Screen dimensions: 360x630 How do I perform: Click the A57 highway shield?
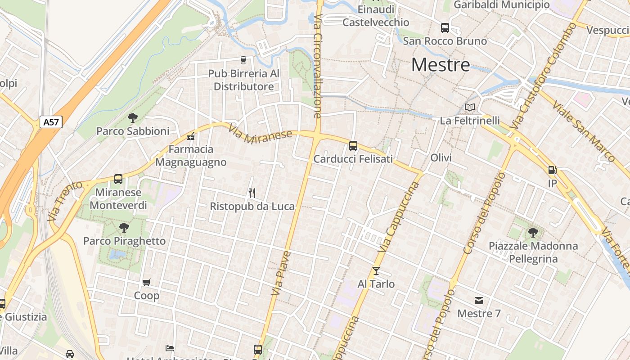pos(51,121)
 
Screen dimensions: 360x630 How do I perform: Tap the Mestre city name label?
pos(441,65)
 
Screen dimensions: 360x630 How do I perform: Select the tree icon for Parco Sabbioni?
pos(132,118)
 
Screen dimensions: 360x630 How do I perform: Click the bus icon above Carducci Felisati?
pos(353,145)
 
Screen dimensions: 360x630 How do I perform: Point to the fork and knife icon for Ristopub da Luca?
pos(252,193)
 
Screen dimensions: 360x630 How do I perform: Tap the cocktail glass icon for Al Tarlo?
pos(376,270)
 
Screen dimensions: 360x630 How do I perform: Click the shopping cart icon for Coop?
pos(146,283)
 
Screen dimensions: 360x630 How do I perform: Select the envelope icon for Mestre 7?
pos(479,300)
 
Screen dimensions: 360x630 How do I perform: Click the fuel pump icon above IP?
pos(552,170)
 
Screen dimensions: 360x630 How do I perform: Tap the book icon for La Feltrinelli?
pos(470,107)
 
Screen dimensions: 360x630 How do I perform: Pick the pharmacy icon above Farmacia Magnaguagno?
pos(191,136)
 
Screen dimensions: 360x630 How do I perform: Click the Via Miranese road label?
pos(260,135)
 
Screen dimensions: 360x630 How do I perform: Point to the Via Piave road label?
pos(280,273)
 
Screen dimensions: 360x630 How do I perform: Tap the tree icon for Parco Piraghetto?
pos(124,228)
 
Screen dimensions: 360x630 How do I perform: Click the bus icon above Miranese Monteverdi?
pos(118,179)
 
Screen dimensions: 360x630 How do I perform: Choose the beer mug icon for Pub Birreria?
pos(243,60)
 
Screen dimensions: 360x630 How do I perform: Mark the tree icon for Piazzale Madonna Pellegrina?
pos(533,233)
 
